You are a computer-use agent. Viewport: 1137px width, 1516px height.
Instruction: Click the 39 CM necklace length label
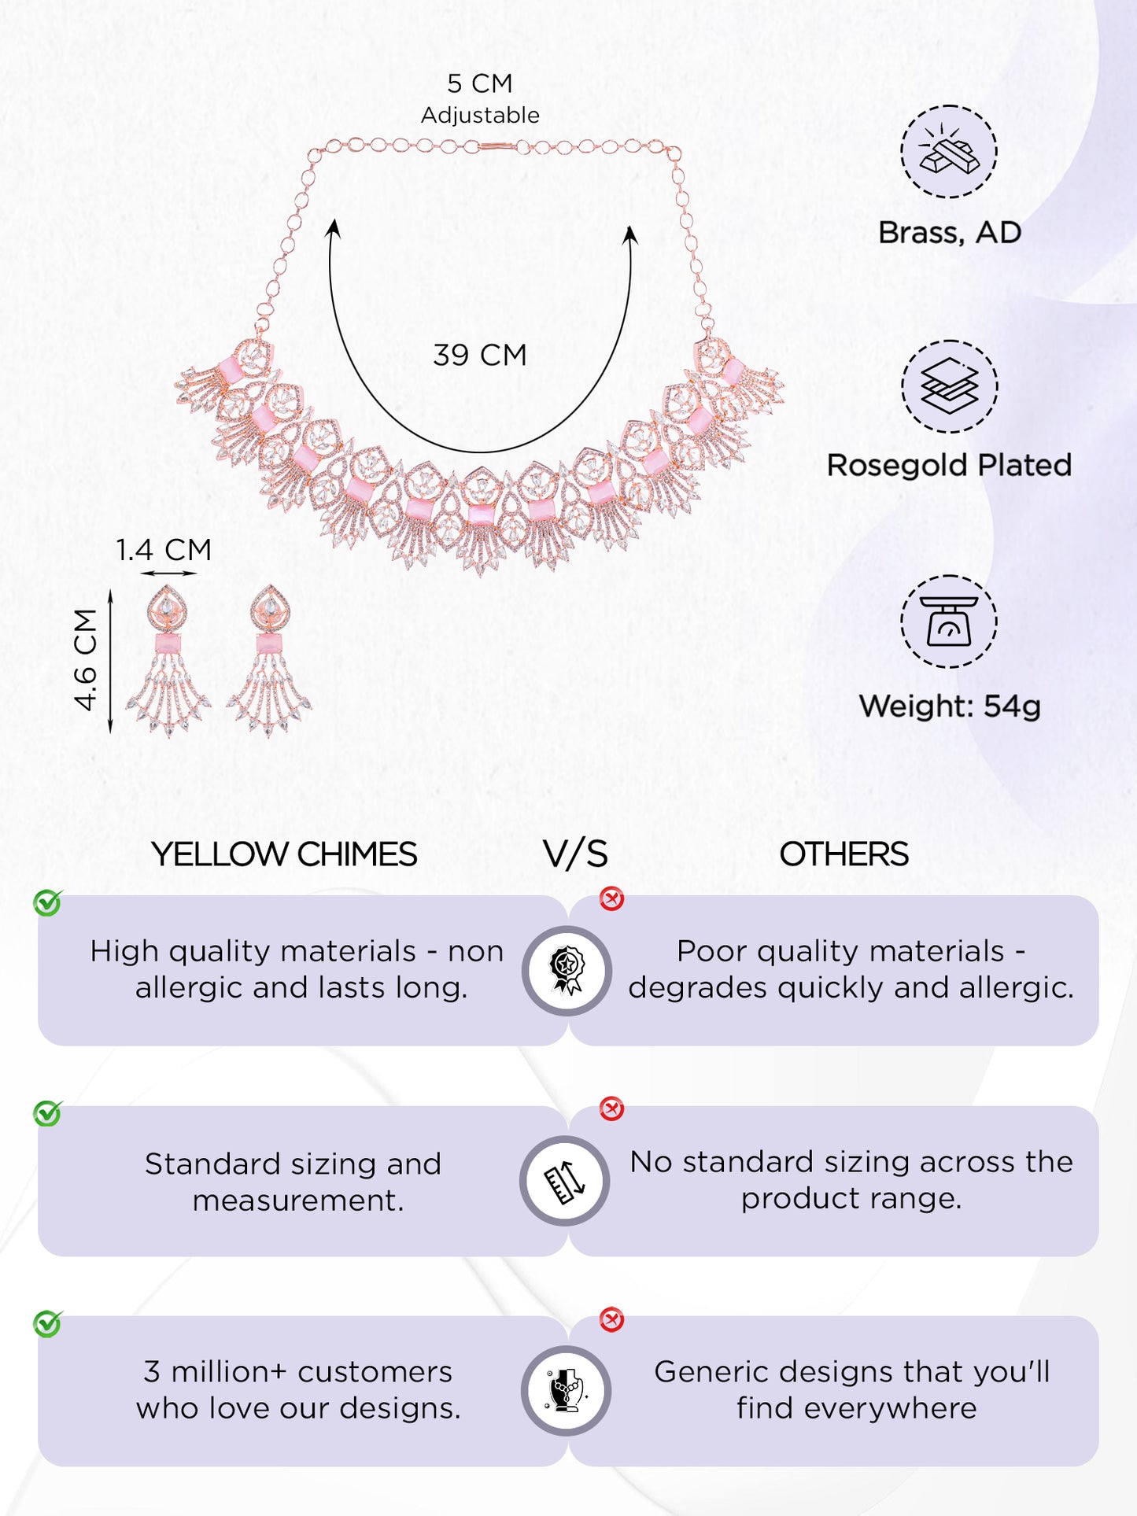point(479,355)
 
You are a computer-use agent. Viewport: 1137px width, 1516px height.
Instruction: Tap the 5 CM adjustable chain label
point(480,98)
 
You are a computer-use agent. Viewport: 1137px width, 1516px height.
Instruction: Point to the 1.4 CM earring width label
point(164,549)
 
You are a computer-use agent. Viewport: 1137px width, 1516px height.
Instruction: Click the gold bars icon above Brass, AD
point(949,151)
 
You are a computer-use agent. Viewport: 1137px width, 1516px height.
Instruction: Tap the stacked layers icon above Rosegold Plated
point(949,386)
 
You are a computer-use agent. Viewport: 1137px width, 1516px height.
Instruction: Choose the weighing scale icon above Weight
point(949,622)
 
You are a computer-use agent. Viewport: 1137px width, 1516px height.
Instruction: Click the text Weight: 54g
point(950,706)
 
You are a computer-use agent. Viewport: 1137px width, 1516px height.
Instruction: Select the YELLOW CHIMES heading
point(284,854)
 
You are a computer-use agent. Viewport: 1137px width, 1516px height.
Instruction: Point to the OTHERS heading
point(844,854)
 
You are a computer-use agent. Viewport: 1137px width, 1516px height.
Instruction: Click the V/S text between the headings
point(575,854)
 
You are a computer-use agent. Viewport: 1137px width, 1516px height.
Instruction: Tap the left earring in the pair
point(168,660)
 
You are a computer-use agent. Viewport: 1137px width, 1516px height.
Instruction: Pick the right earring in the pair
point(269,660)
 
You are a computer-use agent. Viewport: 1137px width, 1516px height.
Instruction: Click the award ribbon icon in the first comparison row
point(567,971)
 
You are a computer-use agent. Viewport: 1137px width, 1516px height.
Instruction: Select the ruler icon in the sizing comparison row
point(565,1181)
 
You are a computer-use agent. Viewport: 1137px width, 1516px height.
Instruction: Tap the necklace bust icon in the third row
point(566,1391)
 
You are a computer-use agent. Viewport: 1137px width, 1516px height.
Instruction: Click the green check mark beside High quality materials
point(48,903)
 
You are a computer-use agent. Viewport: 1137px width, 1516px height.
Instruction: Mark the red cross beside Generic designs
point(611,1319)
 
